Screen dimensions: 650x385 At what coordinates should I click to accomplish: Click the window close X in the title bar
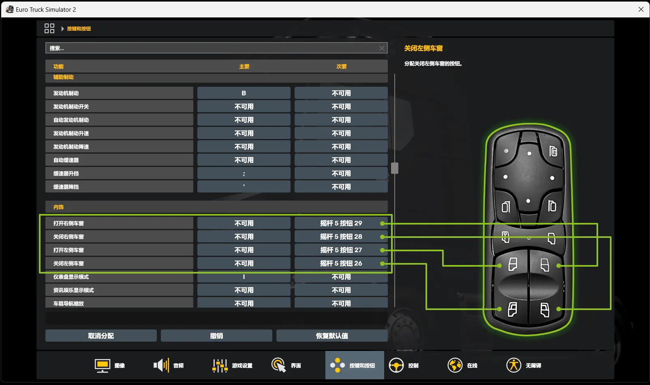point(641,9)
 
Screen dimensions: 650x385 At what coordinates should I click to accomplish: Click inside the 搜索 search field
point(212,48)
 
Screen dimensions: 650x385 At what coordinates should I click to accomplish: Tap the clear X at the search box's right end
point(382,49)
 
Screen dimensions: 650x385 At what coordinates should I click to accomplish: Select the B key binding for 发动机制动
point(244,93)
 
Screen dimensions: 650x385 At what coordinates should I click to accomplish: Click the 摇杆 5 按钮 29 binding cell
point(341,223)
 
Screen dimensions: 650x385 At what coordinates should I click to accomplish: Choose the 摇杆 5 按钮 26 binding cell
point(341,263)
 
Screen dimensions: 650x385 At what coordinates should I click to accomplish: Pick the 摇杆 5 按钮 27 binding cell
point(341,250)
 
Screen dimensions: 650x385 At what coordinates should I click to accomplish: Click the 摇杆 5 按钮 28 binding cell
point(341,236)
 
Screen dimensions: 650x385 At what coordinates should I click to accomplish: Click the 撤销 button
point(216,336)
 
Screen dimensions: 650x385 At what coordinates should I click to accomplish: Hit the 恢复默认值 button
point(332,336)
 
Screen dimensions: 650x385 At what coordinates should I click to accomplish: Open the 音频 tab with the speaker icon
point(169,365)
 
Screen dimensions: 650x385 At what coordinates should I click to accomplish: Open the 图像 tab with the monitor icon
point(110,365)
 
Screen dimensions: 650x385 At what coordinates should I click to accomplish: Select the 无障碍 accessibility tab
point(524,365)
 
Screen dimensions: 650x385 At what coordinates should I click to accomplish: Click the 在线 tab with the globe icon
point(462,365)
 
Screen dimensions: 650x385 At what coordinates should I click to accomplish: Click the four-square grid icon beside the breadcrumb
point(49,28)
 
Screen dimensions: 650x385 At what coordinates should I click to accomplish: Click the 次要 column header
point(341,66)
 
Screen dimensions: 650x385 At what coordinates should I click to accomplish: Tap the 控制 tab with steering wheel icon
point(404,365)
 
